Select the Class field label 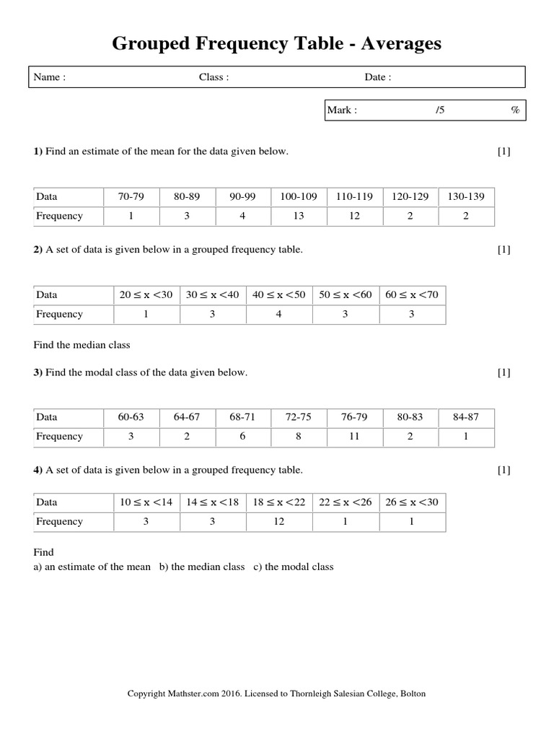pos(214,78)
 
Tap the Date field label pos(378,78)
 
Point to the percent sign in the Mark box pos(515,110)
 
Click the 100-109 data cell pos(299,196)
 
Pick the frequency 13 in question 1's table pos(299,216)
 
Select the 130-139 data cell pos(466,196)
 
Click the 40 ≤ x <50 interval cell pos(279,294)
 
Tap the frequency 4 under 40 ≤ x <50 pos(279,314)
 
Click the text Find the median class pos(82,345)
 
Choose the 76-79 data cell pos(354,416)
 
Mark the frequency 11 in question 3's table pos(354,436)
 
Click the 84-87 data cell pos(466,416)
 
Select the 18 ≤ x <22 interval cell pos(279,502)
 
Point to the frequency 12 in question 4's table pos(279,521)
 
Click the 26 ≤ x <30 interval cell pos(412,502)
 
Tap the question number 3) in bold pos(38,372)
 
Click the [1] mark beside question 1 pos(504,152)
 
